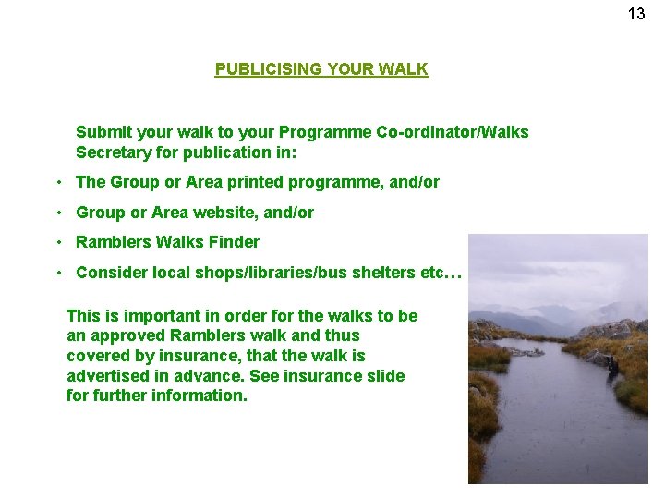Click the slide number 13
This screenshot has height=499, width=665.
[x=636, y=14]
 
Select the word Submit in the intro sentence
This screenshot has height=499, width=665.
[x=103, y=132]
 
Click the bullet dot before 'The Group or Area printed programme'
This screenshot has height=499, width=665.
[x=57, y=182]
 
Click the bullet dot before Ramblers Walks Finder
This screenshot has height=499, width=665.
[x=57, y=241]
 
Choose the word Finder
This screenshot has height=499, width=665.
[x=236, y=242]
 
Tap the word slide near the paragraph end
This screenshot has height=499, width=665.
[x=385, y=375]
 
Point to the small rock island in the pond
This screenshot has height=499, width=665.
[x=528, y=351]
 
